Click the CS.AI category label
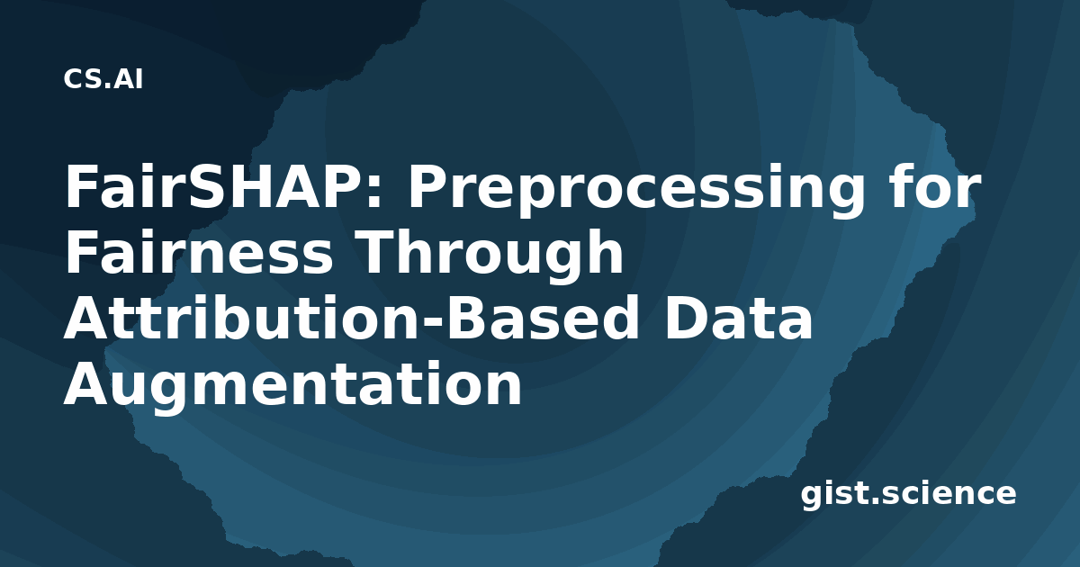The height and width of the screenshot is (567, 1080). point(103,79)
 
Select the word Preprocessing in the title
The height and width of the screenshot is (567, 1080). point(636,191)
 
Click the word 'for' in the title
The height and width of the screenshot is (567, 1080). point(934,186)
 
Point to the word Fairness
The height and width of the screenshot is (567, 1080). point(199,252)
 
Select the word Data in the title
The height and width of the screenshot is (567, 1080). point(739,317)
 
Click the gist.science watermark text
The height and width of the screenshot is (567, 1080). point(908,494)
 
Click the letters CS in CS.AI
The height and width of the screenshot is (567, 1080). point(83,79)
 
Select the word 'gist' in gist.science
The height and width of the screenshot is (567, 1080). point(835,494)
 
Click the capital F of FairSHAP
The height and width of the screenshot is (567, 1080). point(79,186)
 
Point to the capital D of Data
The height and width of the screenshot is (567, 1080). point(685,317)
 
